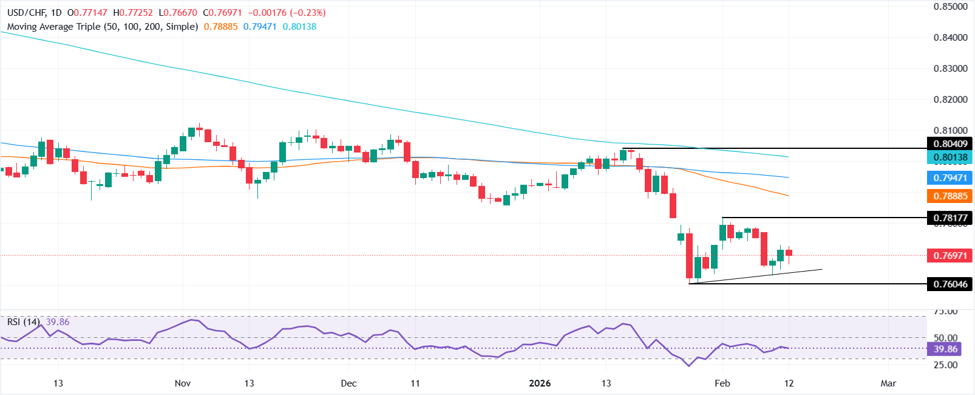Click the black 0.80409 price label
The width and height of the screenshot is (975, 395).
pos(950,144)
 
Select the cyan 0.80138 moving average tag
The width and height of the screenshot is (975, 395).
pos(950,157)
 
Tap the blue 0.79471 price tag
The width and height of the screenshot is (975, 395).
pos(950,178)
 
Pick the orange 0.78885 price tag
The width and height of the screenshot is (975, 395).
pos(950,196)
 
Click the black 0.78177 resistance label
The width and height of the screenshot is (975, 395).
pos(950,218)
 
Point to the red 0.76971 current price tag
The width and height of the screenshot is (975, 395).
pos(950,256)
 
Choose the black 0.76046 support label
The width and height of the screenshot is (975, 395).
pos(950,284)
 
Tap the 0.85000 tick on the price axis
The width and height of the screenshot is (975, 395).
pos(950,7)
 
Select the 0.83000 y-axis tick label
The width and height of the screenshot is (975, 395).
pos(950,69)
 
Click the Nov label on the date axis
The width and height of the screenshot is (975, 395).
pos(183,383)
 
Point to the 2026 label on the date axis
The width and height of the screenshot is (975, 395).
pos(540,383)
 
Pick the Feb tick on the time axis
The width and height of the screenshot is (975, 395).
pos(722,383)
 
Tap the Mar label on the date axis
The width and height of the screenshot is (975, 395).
pos(888,383)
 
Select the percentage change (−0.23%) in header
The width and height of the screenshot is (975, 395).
pos(309,13)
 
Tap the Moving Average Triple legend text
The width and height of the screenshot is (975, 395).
pos(103,27)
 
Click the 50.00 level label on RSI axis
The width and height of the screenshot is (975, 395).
pos(945,338)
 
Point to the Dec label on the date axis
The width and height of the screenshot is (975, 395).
pos(349,383)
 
